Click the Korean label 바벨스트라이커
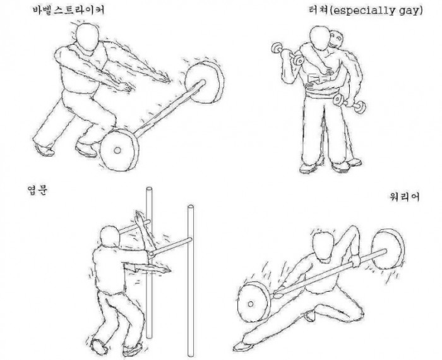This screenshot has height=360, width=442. pyautogui.click(x=69, y=11)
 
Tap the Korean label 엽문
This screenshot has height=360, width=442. pyautogui.click(x=37, y=190)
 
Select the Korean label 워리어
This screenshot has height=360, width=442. pyautogui.click(x=405, y=196)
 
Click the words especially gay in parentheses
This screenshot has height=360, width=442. pyautogui.click(x=376, y=11)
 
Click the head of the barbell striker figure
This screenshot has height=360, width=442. pyautogui.click(x=88, y=37)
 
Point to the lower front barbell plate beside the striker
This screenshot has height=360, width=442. pyautogui.click(x=120, y=150)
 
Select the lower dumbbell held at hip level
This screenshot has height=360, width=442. pyautogui.click(x=349, y=103)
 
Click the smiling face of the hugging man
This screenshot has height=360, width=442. pyautogui.click(x=336, y=40)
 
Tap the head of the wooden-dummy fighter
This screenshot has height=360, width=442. pyautogui.click(x=110, y=237)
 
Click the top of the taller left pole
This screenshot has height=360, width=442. pyautogui.click(x=149, y=189)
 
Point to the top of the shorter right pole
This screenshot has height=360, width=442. pyautogui.click(x=191, y=207)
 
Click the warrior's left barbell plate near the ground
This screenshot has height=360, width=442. pyautogui.click(x=254, y=303)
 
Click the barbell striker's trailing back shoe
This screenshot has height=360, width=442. pyautogui.click(x=44, y=150)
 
